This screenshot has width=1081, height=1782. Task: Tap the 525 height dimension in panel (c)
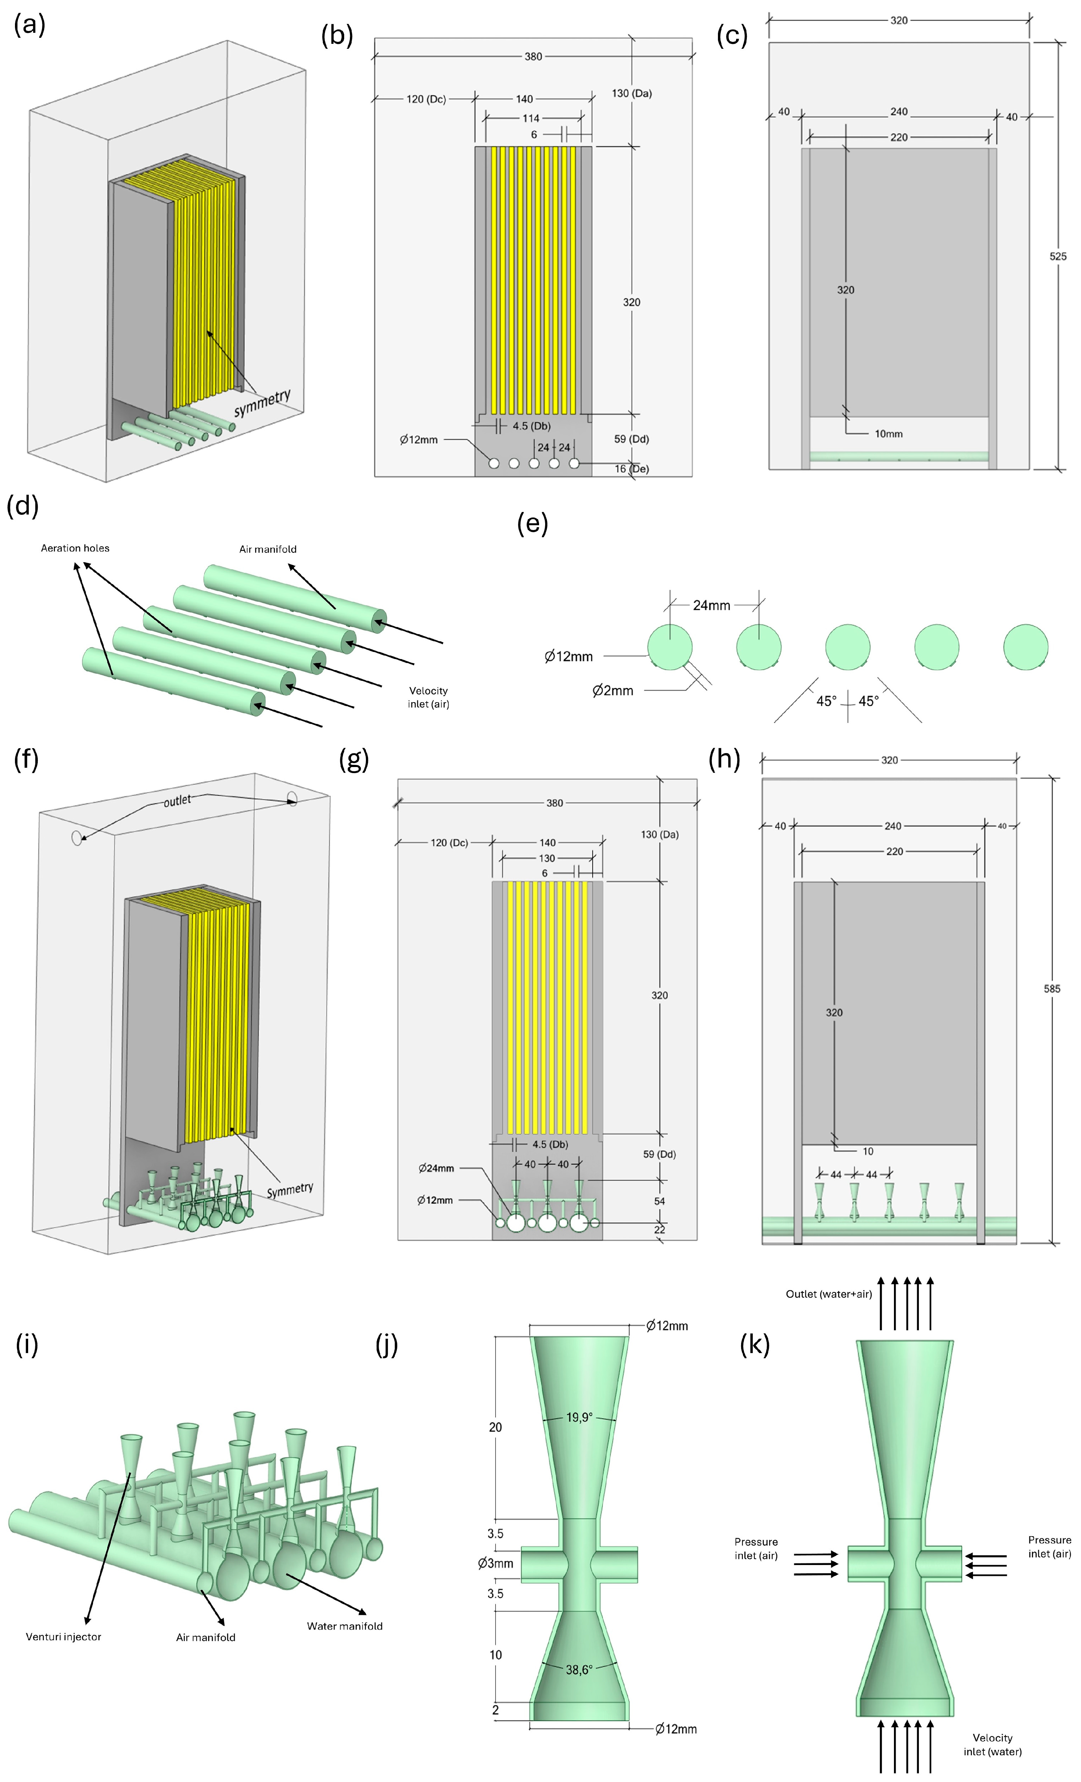[x=1057, y=256]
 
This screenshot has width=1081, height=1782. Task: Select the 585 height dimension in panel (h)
[x=1051, y=989]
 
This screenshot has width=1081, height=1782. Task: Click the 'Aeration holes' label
[x=75, y=548]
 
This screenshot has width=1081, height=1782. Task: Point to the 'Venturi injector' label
[x=64, y=1637]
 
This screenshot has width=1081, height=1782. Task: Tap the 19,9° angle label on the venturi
[x=579, y=1418]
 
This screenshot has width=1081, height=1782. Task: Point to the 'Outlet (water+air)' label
[x=829, y=1294]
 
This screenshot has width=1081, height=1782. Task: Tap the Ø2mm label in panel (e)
[x=612, y=691]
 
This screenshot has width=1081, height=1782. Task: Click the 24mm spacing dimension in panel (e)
[x=712, y=605]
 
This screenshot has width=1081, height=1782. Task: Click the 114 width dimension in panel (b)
[x=531, y=118]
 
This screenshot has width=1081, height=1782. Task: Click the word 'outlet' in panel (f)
[x=177, y=801]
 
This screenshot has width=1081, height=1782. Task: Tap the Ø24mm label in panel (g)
[x=436, y=1168]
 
